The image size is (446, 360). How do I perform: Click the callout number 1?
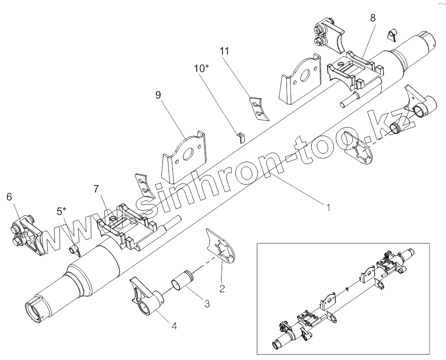[328, 206]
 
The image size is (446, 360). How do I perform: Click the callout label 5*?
[62, 211]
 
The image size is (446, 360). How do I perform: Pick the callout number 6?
[9, 197]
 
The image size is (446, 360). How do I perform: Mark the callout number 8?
[373, 18]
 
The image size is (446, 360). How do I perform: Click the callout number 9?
[158, 95]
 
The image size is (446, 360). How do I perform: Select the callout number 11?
[224, 51]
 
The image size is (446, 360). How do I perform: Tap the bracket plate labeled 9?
[185, 156]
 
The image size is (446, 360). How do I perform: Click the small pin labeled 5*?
[74, 249]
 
